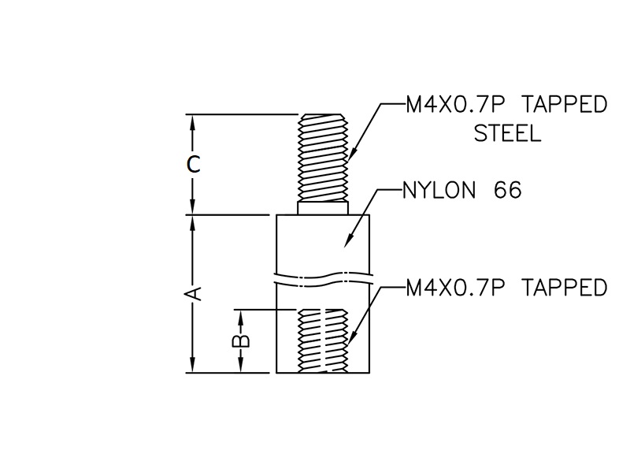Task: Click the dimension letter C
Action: pos(195,165)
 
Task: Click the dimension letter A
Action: pos(195,293)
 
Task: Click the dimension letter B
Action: pos(243,340)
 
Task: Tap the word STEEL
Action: pos(507,133)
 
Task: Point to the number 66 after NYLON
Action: pos(508,191)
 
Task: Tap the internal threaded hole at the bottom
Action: pos(324,340)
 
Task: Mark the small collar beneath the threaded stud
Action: pos(324,208)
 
